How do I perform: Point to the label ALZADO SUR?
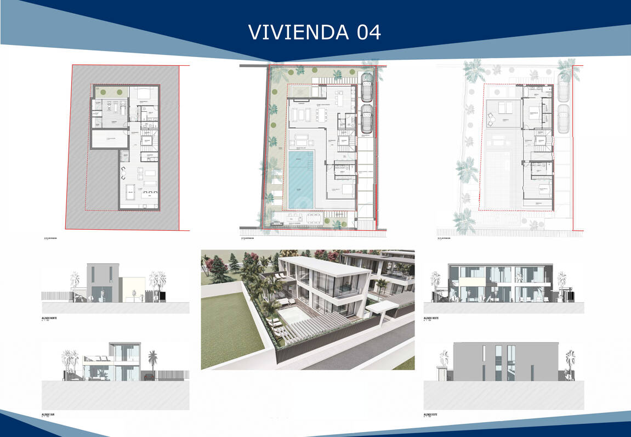52,415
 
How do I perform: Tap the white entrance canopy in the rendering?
378,308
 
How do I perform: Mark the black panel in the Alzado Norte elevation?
162,296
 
